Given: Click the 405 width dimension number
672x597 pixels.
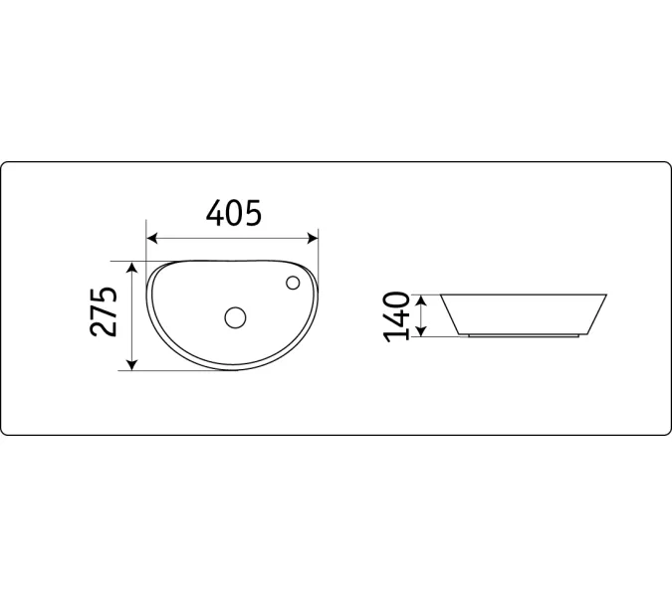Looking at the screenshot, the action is coord(234,213).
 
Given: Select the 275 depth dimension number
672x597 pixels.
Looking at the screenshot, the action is coord(104,311).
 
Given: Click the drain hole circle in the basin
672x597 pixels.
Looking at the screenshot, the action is coord(235,317).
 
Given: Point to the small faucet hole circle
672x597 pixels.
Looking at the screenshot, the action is coord(293,283).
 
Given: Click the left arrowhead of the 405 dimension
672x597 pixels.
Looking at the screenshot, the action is coord(152,238).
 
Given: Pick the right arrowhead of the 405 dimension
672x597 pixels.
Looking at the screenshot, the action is coord(313,238).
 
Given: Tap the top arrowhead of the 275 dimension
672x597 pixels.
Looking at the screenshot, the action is coord(132,268).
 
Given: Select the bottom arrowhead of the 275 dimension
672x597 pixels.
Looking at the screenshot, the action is coord(132,363).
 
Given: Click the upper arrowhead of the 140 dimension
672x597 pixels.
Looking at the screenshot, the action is coord(422,300).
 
